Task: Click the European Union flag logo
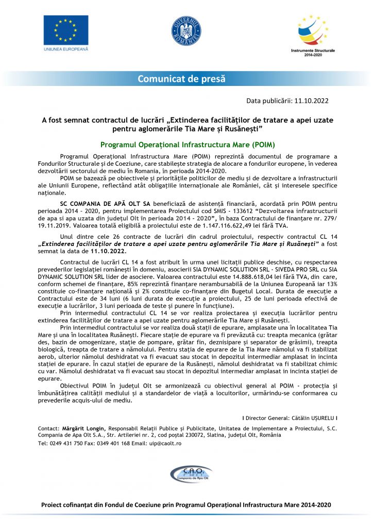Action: click(x=65, y=30)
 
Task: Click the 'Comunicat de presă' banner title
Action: click(x=181, y=79)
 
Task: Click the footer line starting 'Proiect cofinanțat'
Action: click(x=186, y=505)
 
